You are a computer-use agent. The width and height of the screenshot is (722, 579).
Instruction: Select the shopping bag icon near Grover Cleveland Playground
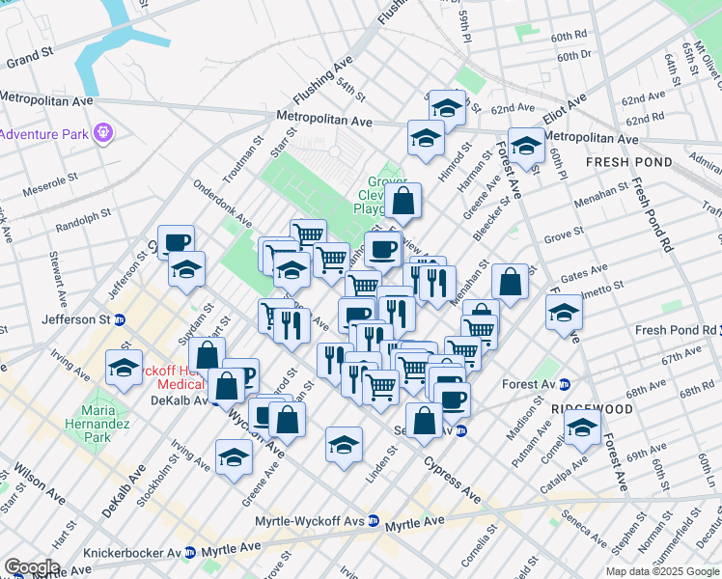click(x=403, y=202)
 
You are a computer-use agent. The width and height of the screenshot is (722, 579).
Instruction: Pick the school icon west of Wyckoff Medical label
click(x=123, y=368)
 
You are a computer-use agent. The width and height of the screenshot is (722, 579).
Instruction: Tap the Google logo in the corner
click(x=31, y=566)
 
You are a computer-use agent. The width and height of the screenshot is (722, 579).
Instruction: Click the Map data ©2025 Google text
click(x=662, y=570)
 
